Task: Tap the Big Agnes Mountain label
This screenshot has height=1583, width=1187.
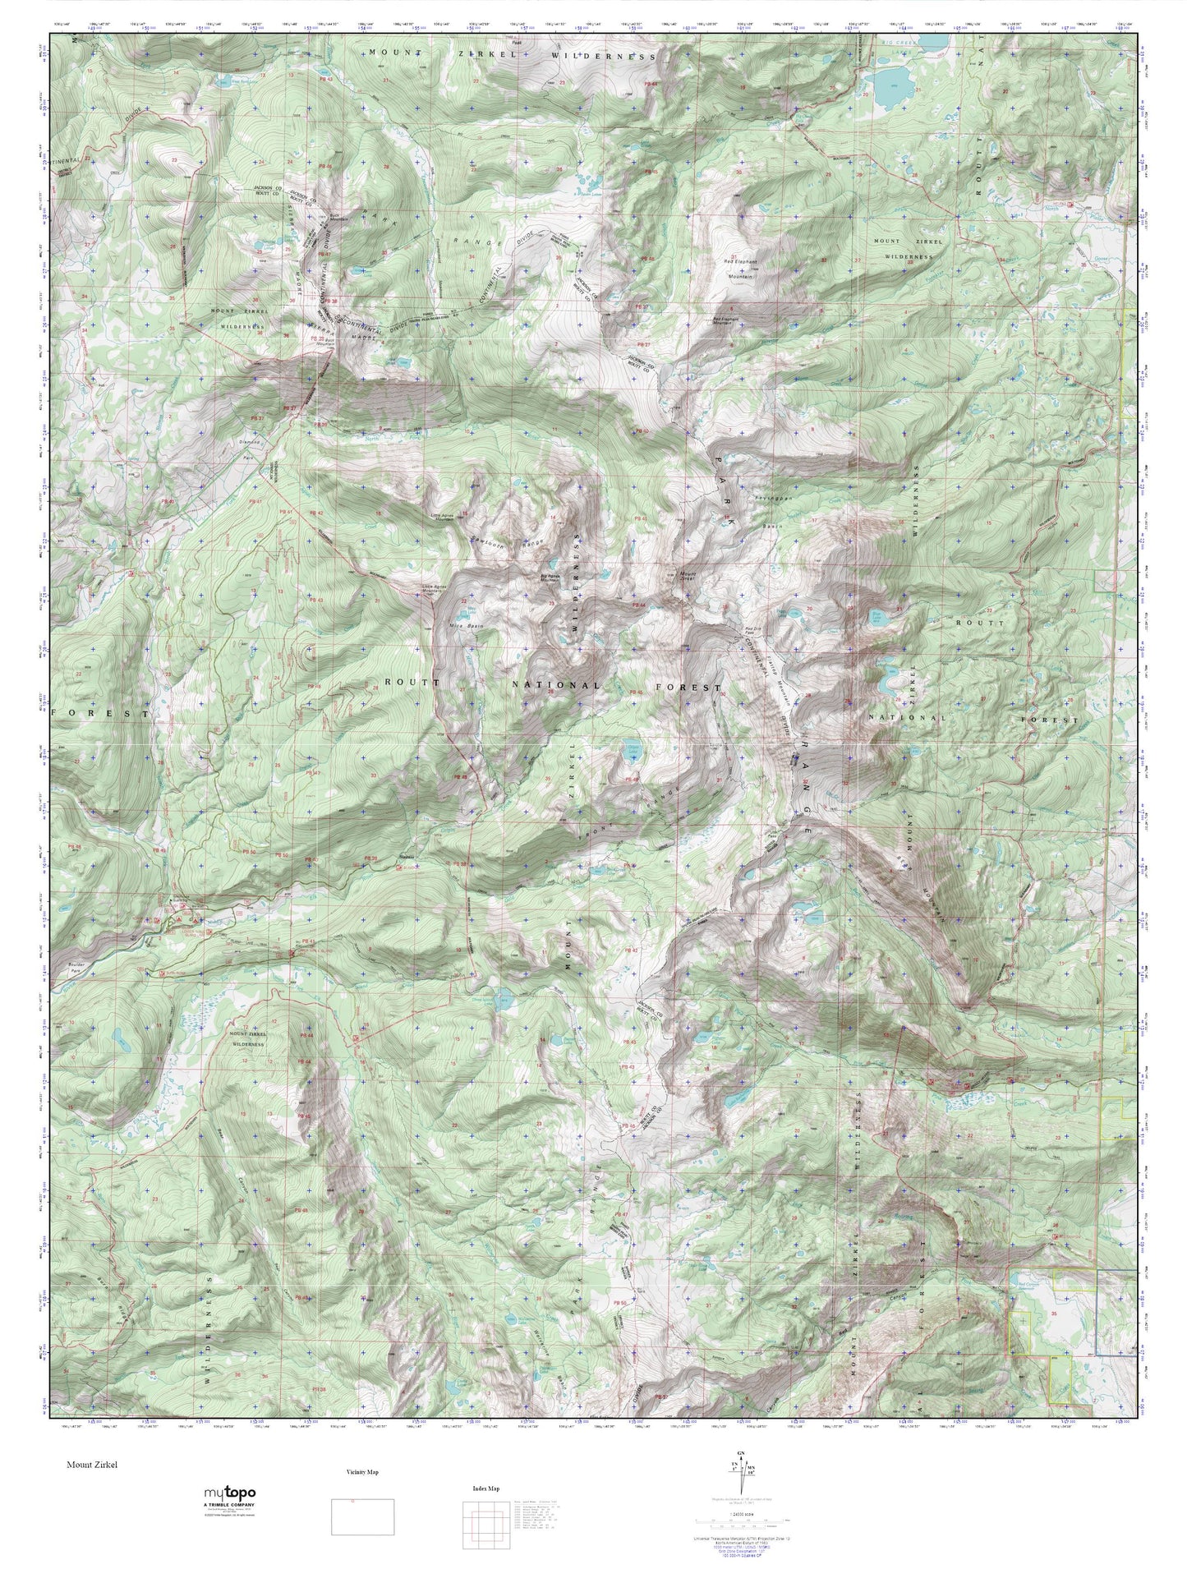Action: click(x=550, y=577)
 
